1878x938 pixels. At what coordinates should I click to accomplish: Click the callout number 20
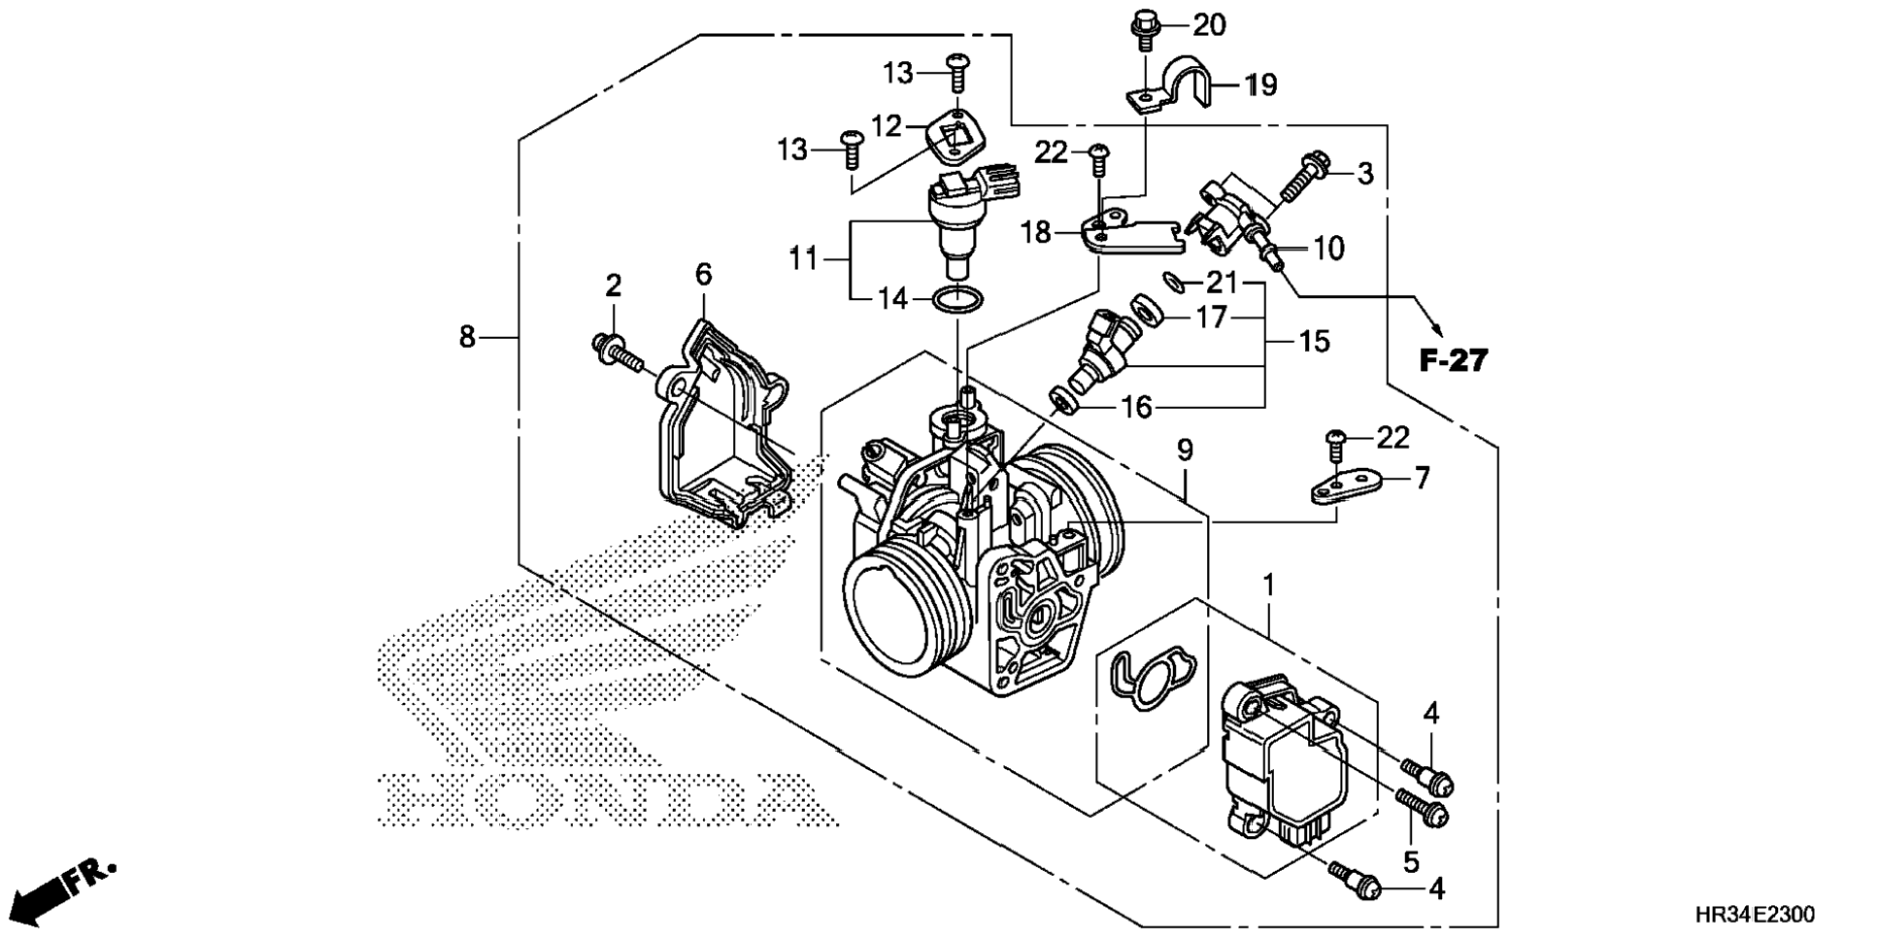click(x=1209, y=25)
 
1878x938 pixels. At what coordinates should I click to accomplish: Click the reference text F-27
click(x=1453, y=361)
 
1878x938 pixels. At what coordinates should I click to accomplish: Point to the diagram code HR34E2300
click(x=1754, y=915)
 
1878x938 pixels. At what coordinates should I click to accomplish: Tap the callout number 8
click(x=467, y=337)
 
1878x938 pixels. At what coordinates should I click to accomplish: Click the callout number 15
click(x=1314, y=342)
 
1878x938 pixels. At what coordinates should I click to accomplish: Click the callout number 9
click(x=1185, y=450)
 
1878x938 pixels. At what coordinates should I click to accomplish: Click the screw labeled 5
click(x=1421, y=807)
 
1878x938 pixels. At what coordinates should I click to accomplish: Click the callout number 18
click(x=1036, y=233)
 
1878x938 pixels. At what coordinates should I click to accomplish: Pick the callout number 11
click(x=802, y=259)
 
